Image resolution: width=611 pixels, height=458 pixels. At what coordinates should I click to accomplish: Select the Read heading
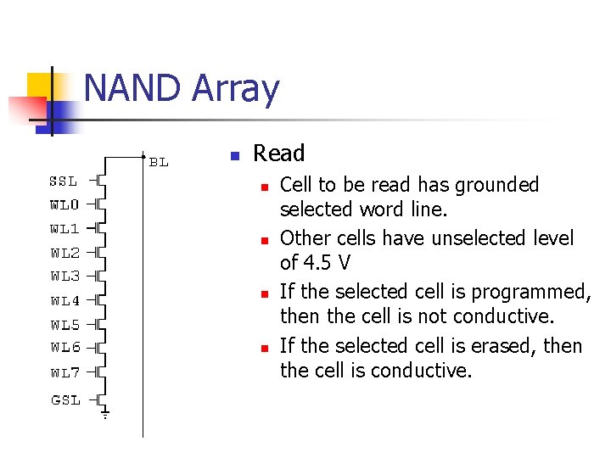point(278,154)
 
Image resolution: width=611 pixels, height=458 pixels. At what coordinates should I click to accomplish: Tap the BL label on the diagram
point(159,162)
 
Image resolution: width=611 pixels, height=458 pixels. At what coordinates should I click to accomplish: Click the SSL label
point(64,181)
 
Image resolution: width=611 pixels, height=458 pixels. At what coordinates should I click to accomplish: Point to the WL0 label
point(64,204)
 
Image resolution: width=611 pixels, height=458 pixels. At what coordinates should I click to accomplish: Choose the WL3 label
point(64,276)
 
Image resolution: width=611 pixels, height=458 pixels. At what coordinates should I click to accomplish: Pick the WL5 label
point(64,324)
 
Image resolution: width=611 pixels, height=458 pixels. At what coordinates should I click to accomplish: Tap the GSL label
point(65,399)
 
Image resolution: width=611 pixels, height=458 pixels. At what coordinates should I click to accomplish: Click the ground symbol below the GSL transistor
point(105,415)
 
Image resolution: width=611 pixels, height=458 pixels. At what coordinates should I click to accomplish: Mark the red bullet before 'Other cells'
point(264,240)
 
